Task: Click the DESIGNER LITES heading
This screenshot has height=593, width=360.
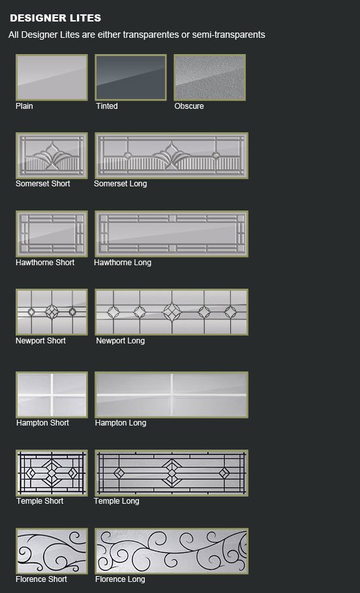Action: coord(55,18)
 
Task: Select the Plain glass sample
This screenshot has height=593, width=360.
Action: coord(52,77)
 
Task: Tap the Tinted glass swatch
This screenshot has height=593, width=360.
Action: coord(130,77)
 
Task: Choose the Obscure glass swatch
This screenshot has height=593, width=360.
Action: coord(209,77)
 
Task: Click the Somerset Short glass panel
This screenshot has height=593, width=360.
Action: coord(52,155)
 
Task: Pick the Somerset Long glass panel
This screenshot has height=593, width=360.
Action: coord(172,155)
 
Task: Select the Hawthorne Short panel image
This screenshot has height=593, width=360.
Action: coord(52,233)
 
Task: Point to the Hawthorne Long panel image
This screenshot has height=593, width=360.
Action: coord(172,233)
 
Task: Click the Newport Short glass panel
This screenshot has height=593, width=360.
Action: coord(52,311)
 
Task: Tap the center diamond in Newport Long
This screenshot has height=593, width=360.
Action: coord(172,311)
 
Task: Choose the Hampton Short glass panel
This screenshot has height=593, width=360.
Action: coord(52,394)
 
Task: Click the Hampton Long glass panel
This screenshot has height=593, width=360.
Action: coord(172,394)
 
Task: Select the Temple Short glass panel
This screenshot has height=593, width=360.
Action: coord(52,472)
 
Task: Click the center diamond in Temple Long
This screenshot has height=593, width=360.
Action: coord(172,472)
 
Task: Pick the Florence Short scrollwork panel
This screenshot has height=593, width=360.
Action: coord(52,551)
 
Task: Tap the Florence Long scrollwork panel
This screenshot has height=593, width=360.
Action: coord(172,551)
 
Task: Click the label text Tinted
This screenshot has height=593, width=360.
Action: coord(107,106)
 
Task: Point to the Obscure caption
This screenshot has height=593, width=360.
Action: coord(189,106)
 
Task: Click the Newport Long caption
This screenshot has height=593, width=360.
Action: coord(121,341)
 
